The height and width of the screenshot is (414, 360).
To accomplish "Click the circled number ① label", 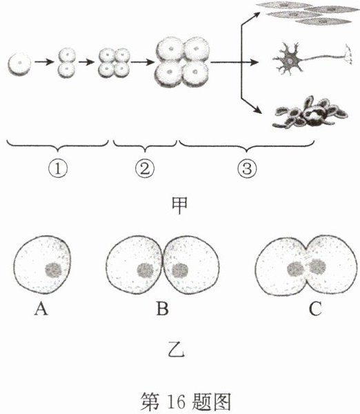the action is pos(57,169).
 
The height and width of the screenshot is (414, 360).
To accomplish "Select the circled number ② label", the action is pos(145,169).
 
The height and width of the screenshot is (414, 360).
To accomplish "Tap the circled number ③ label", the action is pos(247,169).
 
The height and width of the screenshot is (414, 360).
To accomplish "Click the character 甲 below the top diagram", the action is pos(179,206).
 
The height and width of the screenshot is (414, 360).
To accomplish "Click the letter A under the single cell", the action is pos(41,308).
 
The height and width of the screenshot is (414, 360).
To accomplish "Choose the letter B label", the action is pos(162,308).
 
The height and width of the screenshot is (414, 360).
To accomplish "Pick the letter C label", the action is pos(315,308).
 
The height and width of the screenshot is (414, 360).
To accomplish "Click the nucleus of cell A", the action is pos(54,270).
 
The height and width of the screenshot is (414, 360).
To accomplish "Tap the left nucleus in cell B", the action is pos(146,270).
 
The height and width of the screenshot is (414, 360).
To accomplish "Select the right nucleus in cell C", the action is pos(317,266).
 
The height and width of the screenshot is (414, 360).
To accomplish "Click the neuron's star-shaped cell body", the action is pos(290,59).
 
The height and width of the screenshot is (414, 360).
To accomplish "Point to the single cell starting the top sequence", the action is pos(19,63).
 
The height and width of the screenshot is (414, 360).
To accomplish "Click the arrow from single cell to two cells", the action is pos(44,62).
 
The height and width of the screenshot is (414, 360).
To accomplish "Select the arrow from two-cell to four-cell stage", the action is pos(86,62).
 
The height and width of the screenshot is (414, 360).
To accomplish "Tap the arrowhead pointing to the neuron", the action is pos(254,63).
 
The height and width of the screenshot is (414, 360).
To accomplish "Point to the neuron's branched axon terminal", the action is pos(348,55).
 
